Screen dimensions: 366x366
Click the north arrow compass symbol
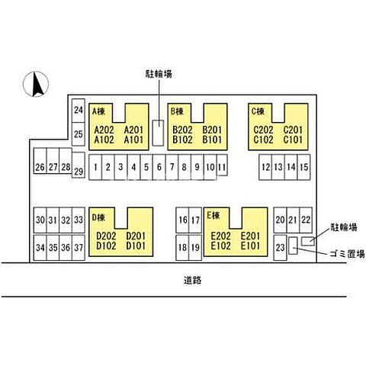tap(36, 84)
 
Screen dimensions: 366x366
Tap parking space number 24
tap(79, 111)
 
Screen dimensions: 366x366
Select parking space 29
tap(79, 165)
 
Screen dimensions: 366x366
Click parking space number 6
tap(159, 167)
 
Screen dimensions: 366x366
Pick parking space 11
tap(222, 165)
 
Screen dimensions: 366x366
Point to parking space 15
tap(303, 167)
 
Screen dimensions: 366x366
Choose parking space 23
tap(280, 248)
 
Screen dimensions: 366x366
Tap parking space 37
tap(79, 248)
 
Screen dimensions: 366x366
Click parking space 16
tap(182, 220)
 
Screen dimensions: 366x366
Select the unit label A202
tap(104, 130)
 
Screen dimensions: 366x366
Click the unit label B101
tap(212, 140)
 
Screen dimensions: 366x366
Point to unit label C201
tap(293, 130)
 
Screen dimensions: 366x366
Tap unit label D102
tap(106, 246)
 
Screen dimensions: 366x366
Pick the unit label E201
tap(250, 236)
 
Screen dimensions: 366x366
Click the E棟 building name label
tap(213, 215)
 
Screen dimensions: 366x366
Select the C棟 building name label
tap(258, 111)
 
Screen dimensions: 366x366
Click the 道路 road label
tap(192, 280)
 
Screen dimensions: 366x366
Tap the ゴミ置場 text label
tap(347, 254)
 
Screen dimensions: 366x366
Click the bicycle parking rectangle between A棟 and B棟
tap(158, 133)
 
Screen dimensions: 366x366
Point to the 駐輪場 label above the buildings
tap(159, 74)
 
